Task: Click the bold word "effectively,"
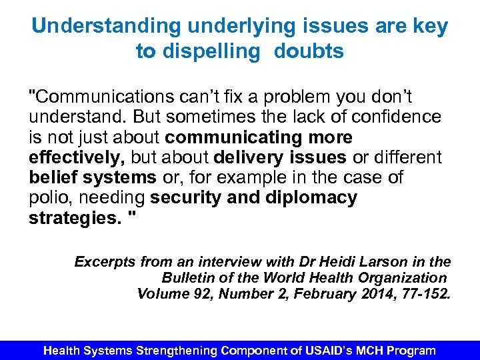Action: (x=77, y=158)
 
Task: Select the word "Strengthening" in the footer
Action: (x=177, y=351)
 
